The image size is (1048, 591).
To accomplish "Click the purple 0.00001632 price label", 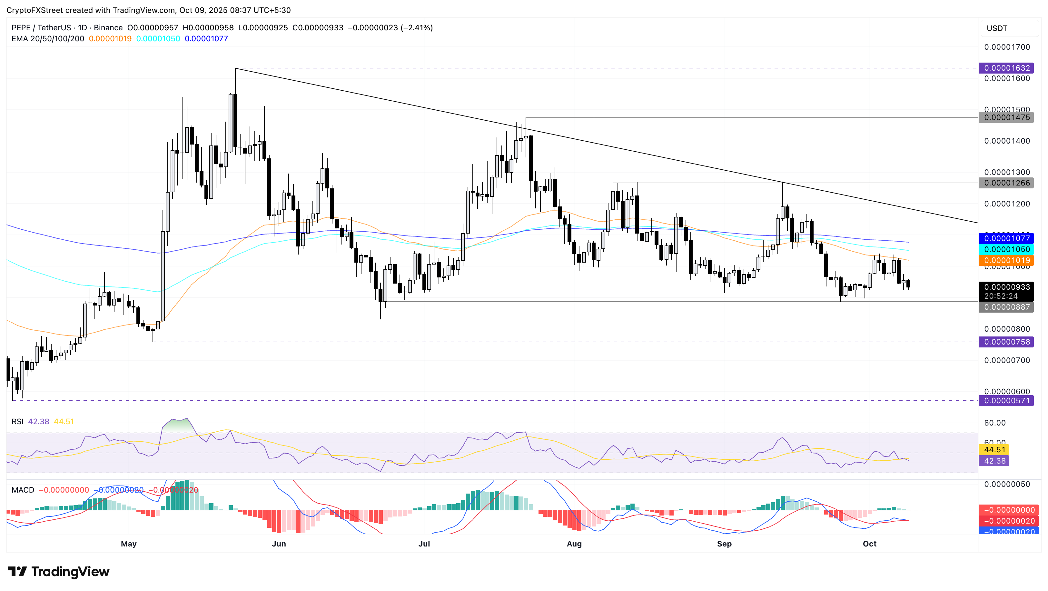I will [1006, 68].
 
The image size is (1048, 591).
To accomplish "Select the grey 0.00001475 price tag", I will [1006, 118].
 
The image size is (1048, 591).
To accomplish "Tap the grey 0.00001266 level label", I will [1006, 183].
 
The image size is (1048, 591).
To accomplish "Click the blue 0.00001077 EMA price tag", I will [1006, 238].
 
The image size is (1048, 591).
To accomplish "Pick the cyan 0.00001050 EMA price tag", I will [1006, 249].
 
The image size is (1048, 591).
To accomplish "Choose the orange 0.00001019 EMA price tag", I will [1006, 260].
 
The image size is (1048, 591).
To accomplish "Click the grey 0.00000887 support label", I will [1006, 307].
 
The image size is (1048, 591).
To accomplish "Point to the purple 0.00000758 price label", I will [1006, 342].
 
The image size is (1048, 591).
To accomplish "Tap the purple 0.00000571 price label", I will [1006, 401].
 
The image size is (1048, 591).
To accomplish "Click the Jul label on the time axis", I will [424, 544].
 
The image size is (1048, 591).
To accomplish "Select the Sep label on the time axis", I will [724, 544].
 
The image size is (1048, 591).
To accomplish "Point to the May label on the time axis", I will [129, 544].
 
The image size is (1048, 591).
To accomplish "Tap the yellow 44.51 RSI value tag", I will [994, 450].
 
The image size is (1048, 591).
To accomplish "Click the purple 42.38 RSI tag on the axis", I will [994, 461].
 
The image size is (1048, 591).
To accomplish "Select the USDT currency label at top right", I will [997, 28].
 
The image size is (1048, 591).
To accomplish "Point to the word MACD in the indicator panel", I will [23, 490].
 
